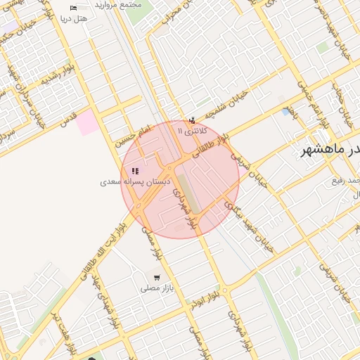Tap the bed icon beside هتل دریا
[74, 8]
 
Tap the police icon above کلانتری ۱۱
[192, 120]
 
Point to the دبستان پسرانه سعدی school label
[134, 181]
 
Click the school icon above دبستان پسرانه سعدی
[135, 171]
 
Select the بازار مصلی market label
[157, 288]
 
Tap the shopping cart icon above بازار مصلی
[156, 278]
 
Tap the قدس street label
[68, 120]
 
